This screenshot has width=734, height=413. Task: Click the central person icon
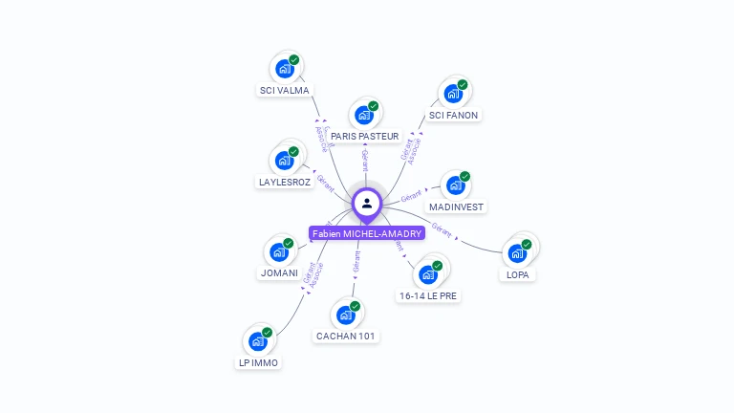tap(367, 203)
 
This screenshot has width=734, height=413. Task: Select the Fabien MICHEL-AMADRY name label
tap(367, 233)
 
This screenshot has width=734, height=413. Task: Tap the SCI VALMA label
tap(284, 91)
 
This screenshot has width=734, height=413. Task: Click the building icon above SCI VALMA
tap(284, 69)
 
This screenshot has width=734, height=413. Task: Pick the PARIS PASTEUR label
tap(364, 137)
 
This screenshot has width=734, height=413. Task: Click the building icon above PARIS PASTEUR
tap(363, 115)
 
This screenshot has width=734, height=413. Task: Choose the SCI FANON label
tap(453, 115)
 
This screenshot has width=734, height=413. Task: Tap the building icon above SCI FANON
tap(453, 94)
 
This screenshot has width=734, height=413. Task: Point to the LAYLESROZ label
tap(285, 182)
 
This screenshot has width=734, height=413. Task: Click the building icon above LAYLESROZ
tap(284, 160)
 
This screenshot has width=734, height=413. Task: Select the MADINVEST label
tap(457, 206)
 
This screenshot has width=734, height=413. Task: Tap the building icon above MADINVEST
tap(455, 185)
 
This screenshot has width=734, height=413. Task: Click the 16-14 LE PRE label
tap(428, 296)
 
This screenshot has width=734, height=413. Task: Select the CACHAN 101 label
tap(346, 336)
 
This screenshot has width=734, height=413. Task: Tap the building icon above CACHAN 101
tap(345, 315)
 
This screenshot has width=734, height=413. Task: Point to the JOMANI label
tap(279, 273)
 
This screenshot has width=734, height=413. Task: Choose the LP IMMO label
tap(258, 363)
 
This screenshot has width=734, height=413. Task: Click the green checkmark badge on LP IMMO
tap(268, 332)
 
